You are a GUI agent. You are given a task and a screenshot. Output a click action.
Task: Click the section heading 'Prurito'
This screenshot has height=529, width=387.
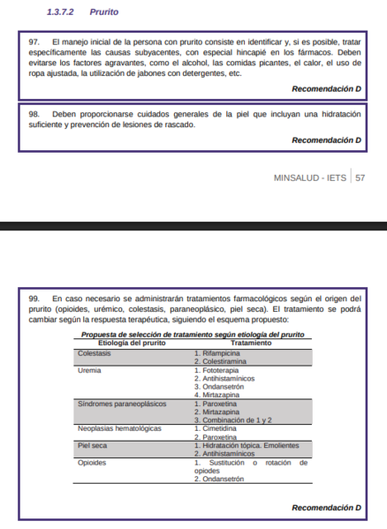pos(103,12)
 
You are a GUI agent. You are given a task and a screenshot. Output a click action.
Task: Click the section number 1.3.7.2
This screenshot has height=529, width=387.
pos(63,12)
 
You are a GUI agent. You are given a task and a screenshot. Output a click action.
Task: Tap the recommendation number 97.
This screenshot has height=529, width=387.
pos(34,42)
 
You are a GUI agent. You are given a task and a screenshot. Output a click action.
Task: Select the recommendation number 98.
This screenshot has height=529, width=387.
pos(34,115)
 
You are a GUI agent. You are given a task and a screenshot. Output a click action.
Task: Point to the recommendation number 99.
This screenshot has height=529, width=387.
pos(34,299)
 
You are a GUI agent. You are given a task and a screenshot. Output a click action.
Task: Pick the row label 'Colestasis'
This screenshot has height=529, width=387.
pos(95,352)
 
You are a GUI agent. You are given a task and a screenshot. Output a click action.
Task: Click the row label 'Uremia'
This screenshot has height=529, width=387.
pos(88,370)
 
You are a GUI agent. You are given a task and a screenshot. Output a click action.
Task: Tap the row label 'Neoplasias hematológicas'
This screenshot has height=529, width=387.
pos(119,427)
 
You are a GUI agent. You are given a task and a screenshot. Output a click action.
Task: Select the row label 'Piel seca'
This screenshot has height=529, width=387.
pos(93,445)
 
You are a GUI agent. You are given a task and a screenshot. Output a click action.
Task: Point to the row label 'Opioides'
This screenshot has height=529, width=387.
pos(92,462)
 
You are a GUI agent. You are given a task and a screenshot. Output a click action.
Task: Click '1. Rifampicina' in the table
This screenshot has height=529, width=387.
pos(217,352)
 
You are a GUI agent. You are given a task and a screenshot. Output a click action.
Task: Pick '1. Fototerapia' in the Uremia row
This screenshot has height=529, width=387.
pos(216,370)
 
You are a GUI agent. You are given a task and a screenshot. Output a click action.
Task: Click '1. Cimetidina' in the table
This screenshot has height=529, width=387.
pos(216,427)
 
